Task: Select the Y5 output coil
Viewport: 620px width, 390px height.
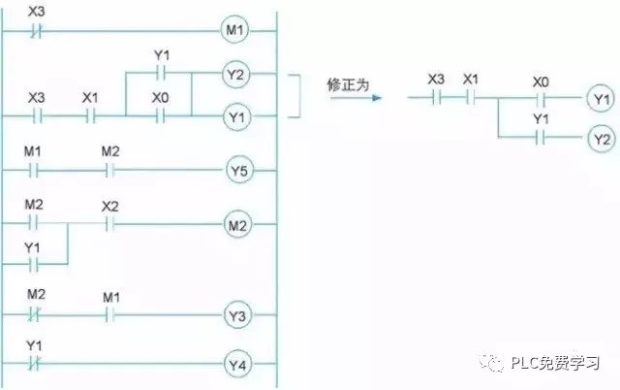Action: (x=237, y=172)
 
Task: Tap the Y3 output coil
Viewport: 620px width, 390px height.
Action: (x=237, y=315)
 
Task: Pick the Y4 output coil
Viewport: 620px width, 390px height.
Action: (x=237, y=365)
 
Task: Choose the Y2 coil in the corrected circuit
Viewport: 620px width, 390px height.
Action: (x=601, y=139)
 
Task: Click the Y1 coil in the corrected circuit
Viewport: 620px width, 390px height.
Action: (x=601, y=98)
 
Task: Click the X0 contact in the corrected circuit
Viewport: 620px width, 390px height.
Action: (x=541, y=98)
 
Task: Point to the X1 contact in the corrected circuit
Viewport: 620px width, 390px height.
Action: (x=470, y=98)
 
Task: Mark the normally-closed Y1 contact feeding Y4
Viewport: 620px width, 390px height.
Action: (x=35, y=365)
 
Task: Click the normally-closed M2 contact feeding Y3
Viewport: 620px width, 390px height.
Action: (x=35, y=315)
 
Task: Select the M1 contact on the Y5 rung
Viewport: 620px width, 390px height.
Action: (x=35, y=172)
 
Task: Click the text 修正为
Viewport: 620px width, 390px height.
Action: (x=350, y=85)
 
